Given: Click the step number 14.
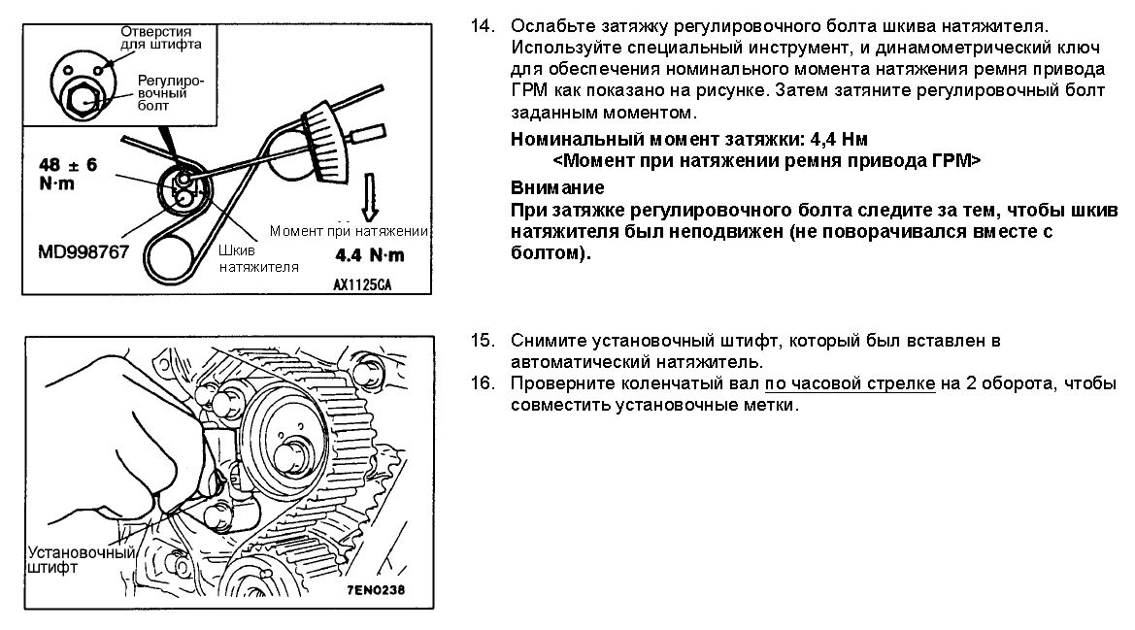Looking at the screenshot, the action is [483, 27].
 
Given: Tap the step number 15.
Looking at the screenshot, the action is [483, 341].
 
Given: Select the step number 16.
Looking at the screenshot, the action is [483, 383].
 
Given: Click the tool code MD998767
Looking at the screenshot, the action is [83, 252].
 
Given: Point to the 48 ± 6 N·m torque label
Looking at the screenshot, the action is [67, 174].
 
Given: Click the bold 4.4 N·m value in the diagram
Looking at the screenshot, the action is [370, 255].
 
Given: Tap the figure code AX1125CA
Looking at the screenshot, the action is [362, 285].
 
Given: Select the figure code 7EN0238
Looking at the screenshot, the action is [376, 589].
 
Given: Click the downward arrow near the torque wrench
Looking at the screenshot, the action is [370, 196].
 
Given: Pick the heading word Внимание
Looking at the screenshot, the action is [557, 188].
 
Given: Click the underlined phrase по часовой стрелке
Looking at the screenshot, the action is [850, 384].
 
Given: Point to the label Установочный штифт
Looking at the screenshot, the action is [82, 560].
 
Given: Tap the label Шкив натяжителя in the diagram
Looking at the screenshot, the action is [258, 259].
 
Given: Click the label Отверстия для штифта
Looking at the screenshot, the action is [161, 38].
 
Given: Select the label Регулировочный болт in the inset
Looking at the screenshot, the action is [171, 92].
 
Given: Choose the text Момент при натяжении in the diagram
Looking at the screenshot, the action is [349, 231].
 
